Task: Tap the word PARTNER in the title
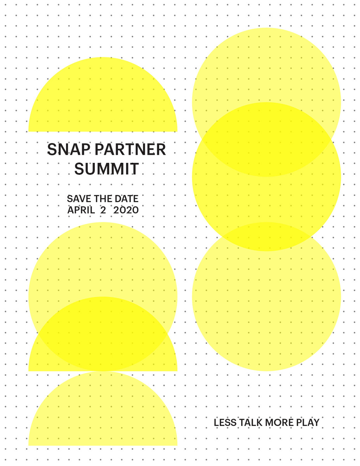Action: point(130,149)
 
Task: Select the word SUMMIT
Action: point(106,169)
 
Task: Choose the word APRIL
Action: point(81,210)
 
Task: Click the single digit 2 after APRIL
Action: point(103,210)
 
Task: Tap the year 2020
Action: point(126,210)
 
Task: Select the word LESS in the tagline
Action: point(225,422)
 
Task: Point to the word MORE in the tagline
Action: point(279,422)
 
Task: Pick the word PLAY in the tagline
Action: point(308,422)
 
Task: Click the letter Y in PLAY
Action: point(316,422)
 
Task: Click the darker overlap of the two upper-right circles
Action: point(266,140)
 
